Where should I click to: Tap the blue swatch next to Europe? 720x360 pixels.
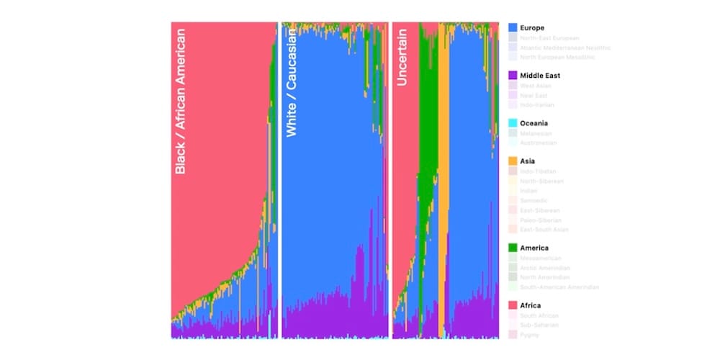coord(513,27)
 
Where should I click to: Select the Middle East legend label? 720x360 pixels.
coord(540,75)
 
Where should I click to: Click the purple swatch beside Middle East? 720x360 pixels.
coord(513,75)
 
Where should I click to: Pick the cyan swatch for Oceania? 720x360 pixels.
coord(513,122)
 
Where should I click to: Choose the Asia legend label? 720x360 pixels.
coord(528,161)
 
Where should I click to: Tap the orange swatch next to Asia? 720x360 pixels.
coord(513,161)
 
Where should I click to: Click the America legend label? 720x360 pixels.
coord(534,248)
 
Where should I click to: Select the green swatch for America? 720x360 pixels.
coord(513,248)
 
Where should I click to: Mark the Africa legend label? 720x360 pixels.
coord(530,305)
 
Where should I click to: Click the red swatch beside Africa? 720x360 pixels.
coord(513,305)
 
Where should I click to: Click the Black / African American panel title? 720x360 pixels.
coord(181,101)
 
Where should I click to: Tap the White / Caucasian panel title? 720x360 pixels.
coord(291,81)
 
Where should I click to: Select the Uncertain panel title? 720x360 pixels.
coord(402,57)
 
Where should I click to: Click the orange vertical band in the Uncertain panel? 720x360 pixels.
coord(443,180)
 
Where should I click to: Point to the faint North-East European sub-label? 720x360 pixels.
coord(549,37)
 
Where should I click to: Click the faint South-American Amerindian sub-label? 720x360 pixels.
coord(559,287)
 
